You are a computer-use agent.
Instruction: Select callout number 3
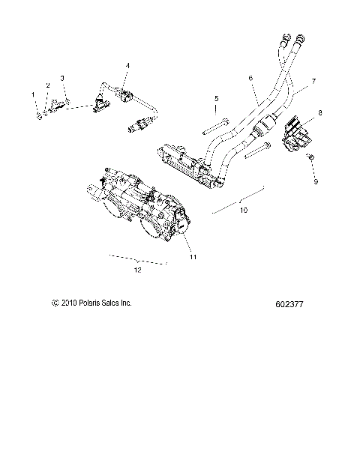[x=62, y=78]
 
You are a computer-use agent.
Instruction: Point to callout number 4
[x=128, y=66]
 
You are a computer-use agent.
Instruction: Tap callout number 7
[x=313, y=80]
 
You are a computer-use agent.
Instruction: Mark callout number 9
[x=316, y=181]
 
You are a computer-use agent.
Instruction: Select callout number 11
[x=193, y=257]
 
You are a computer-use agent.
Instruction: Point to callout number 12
[x=136, y=270]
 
